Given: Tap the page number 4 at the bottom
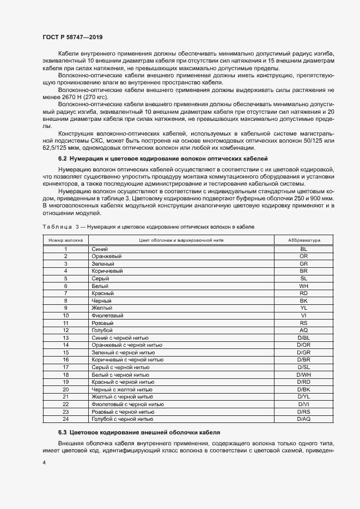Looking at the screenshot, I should [44, 462].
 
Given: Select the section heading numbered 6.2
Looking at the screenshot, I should [163, 158].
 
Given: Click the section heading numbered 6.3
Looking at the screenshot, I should [139, 432].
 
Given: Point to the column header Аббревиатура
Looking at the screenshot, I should [303, 240].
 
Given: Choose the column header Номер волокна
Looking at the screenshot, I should [65, 240].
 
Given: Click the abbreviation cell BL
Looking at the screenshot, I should [303, 249].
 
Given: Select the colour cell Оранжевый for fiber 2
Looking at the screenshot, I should [107, 256].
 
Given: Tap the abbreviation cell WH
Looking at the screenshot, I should [303, 286].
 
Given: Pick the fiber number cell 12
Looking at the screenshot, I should [65, 330].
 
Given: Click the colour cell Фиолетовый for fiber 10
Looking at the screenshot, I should [108, 315].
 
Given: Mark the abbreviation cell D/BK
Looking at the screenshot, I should [303, 390].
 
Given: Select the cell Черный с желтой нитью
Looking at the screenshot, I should [123, 390].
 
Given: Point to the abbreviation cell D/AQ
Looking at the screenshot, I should [303, 419].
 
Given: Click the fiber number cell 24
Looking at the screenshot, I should [65, 419].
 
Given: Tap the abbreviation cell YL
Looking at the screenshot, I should [303, 308].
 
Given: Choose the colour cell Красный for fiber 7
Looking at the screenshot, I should [103, 293].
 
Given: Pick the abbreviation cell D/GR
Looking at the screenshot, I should [303, 353].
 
